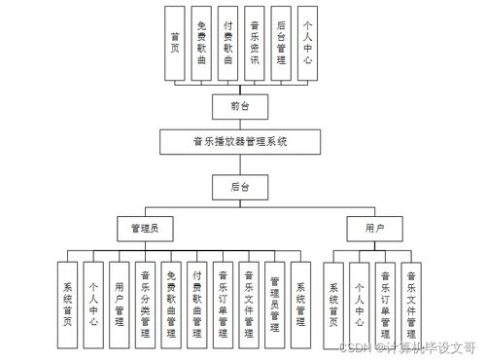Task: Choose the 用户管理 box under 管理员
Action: click(119, 305)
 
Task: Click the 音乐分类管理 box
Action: click(145, 305)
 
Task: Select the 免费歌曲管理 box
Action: click(171, 305)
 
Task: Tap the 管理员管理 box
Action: click(275, 305)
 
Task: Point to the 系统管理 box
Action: click(301, 305)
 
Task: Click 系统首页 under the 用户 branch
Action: click(333, 305)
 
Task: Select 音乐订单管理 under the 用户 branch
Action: click(386, 305)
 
